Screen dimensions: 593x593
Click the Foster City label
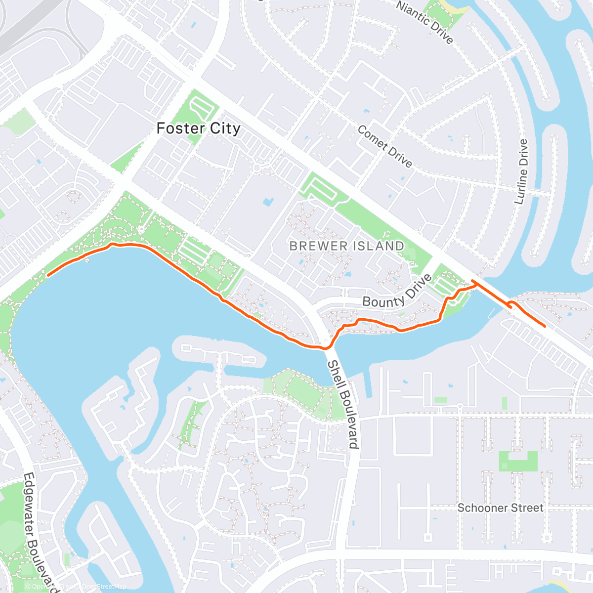tap(198, 128)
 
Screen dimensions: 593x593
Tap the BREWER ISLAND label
tap(346, 246)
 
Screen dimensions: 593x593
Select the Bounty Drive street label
tap(397, 292)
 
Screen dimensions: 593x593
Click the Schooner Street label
tap(500, 508)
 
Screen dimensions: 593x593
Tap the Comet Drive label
tap(384, 146)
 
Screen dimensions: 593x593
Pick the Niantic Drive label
tap(425, 22)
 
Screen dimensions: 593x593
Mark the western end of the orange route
tap(48, 275)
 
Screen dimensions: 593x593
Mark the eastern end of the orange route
tap(545, 326)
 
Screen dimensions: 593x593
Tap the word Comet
tap(372, 138)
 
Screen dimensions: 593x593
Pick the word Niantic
tap(413, 14)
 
